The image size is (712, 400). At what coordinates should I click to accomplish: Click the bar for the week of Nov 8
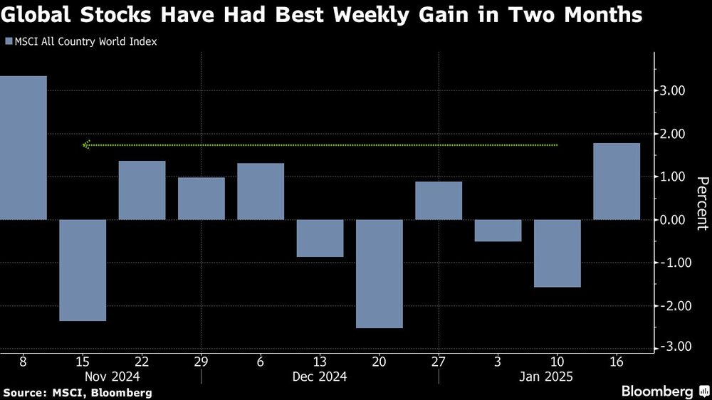click(x=23, y=147)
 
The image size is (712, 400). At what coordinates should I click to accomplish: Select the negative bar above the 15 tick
click(x=83, y=270)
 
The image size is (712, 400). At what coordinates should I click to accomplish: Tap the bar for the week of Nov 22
click(x=142, y=190)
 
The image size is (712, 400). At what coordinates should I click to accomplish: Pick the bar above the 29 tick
click(x=201, y=198)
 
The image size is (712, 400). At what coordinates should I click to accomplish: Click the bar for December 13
click(x=320, y=238)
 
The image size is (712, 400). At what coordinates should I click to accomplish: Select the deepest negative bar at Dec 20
click(x=379, y=273)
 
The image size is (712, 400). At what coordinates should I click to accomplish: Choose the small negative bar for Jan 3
click(x=498, y=230)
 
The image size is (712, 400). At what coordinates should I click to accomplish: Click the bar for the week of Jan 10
click(x=557, y=253)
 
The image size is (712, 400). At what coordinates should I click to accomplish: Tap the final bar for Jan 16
click(x=617, y=181)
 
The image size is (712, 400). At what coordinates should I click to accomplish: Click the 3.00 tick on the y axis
click(x=672, y=91)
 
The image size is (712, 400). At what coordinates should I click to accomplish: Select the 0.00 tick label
click(x=672, y=220)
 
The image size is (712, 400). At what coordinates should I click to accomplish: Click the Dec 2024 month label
click(x=320, y=376)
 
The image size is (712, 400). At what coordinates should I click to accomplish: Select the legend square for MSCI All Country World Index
click(x=8, y=41)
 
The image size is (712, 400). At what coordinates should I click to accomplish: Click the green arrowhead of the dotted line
click(x=87, y=144)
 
